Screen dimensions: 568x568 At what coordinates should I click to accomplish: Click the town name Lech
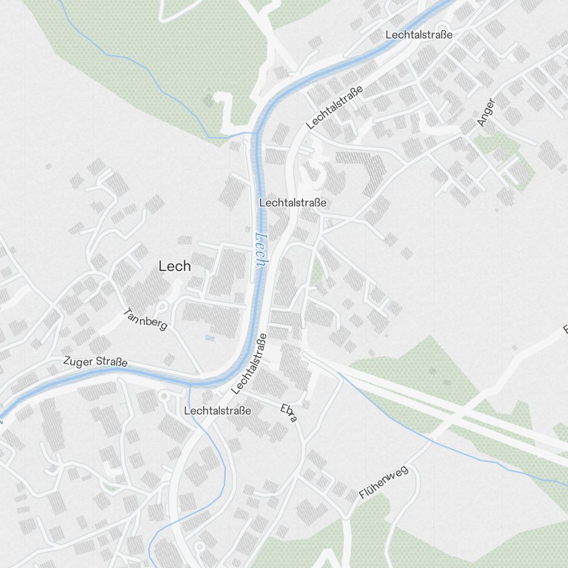pyautogui.click(x=174, y=266)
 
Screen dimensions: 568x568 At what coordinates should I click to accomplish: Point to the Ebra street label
pyautogui.click(x=289, y=413)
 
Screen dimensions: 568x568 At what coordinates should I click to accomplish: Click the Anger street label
pyautogui.click(x=486, y=112)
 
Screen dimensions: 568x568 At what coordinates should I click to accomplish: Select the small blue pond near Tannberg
pyautogui.click(x=210, y=338)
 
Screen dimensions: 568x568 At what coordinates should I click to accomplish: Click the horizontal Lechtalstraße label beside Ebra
pyautogui.click(x=218, y=410)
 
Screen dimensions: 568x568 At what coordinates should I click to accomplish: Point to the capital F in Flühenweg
pyautogui.click(x=362, y=496)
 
